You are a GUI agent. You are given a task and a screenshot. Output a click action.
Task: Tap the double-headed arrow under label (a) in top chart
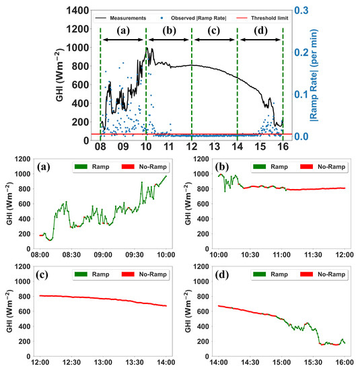(x=122, y=41)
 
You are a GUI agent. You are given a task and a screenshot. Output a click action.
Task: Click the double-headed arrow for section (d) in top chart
(x=260, y=41)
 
